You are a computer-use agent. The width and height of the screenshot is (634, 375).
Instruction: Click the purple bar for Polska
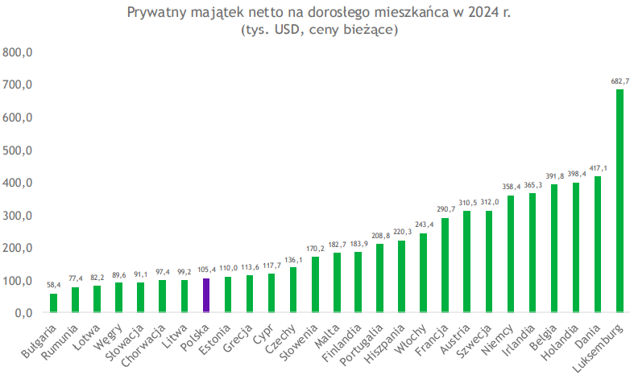(x=206, y=295)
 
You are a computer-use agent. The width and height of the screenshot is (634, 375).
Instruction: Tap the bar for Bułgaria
(x=53, y=303)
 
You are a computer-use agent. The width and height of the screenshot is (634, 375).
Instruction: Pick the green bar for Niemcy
(x=511, y=253)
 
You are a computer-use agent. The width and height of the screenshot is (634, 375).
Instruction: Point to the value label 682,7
(x=620, y=80)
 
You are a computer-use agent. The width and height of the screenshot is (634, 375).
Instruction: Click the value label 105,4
(x=206, y=270)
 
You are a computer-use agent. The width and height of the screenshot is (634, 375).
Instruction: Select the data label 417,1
(x=598, y=168)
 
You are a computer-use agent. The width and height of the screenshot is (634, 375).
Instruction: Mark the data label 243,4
(x=424, y=225)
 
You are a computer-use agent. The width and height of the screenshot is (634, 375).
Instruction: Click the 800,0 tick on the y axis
(x=17, y=52)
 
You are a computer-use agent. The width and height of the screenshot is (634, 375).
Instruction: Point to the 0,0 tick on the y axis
(x=22, y=313)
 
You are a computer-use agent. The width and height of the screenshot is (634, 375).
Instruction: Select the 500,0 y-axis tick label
(x=17, y=150)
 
